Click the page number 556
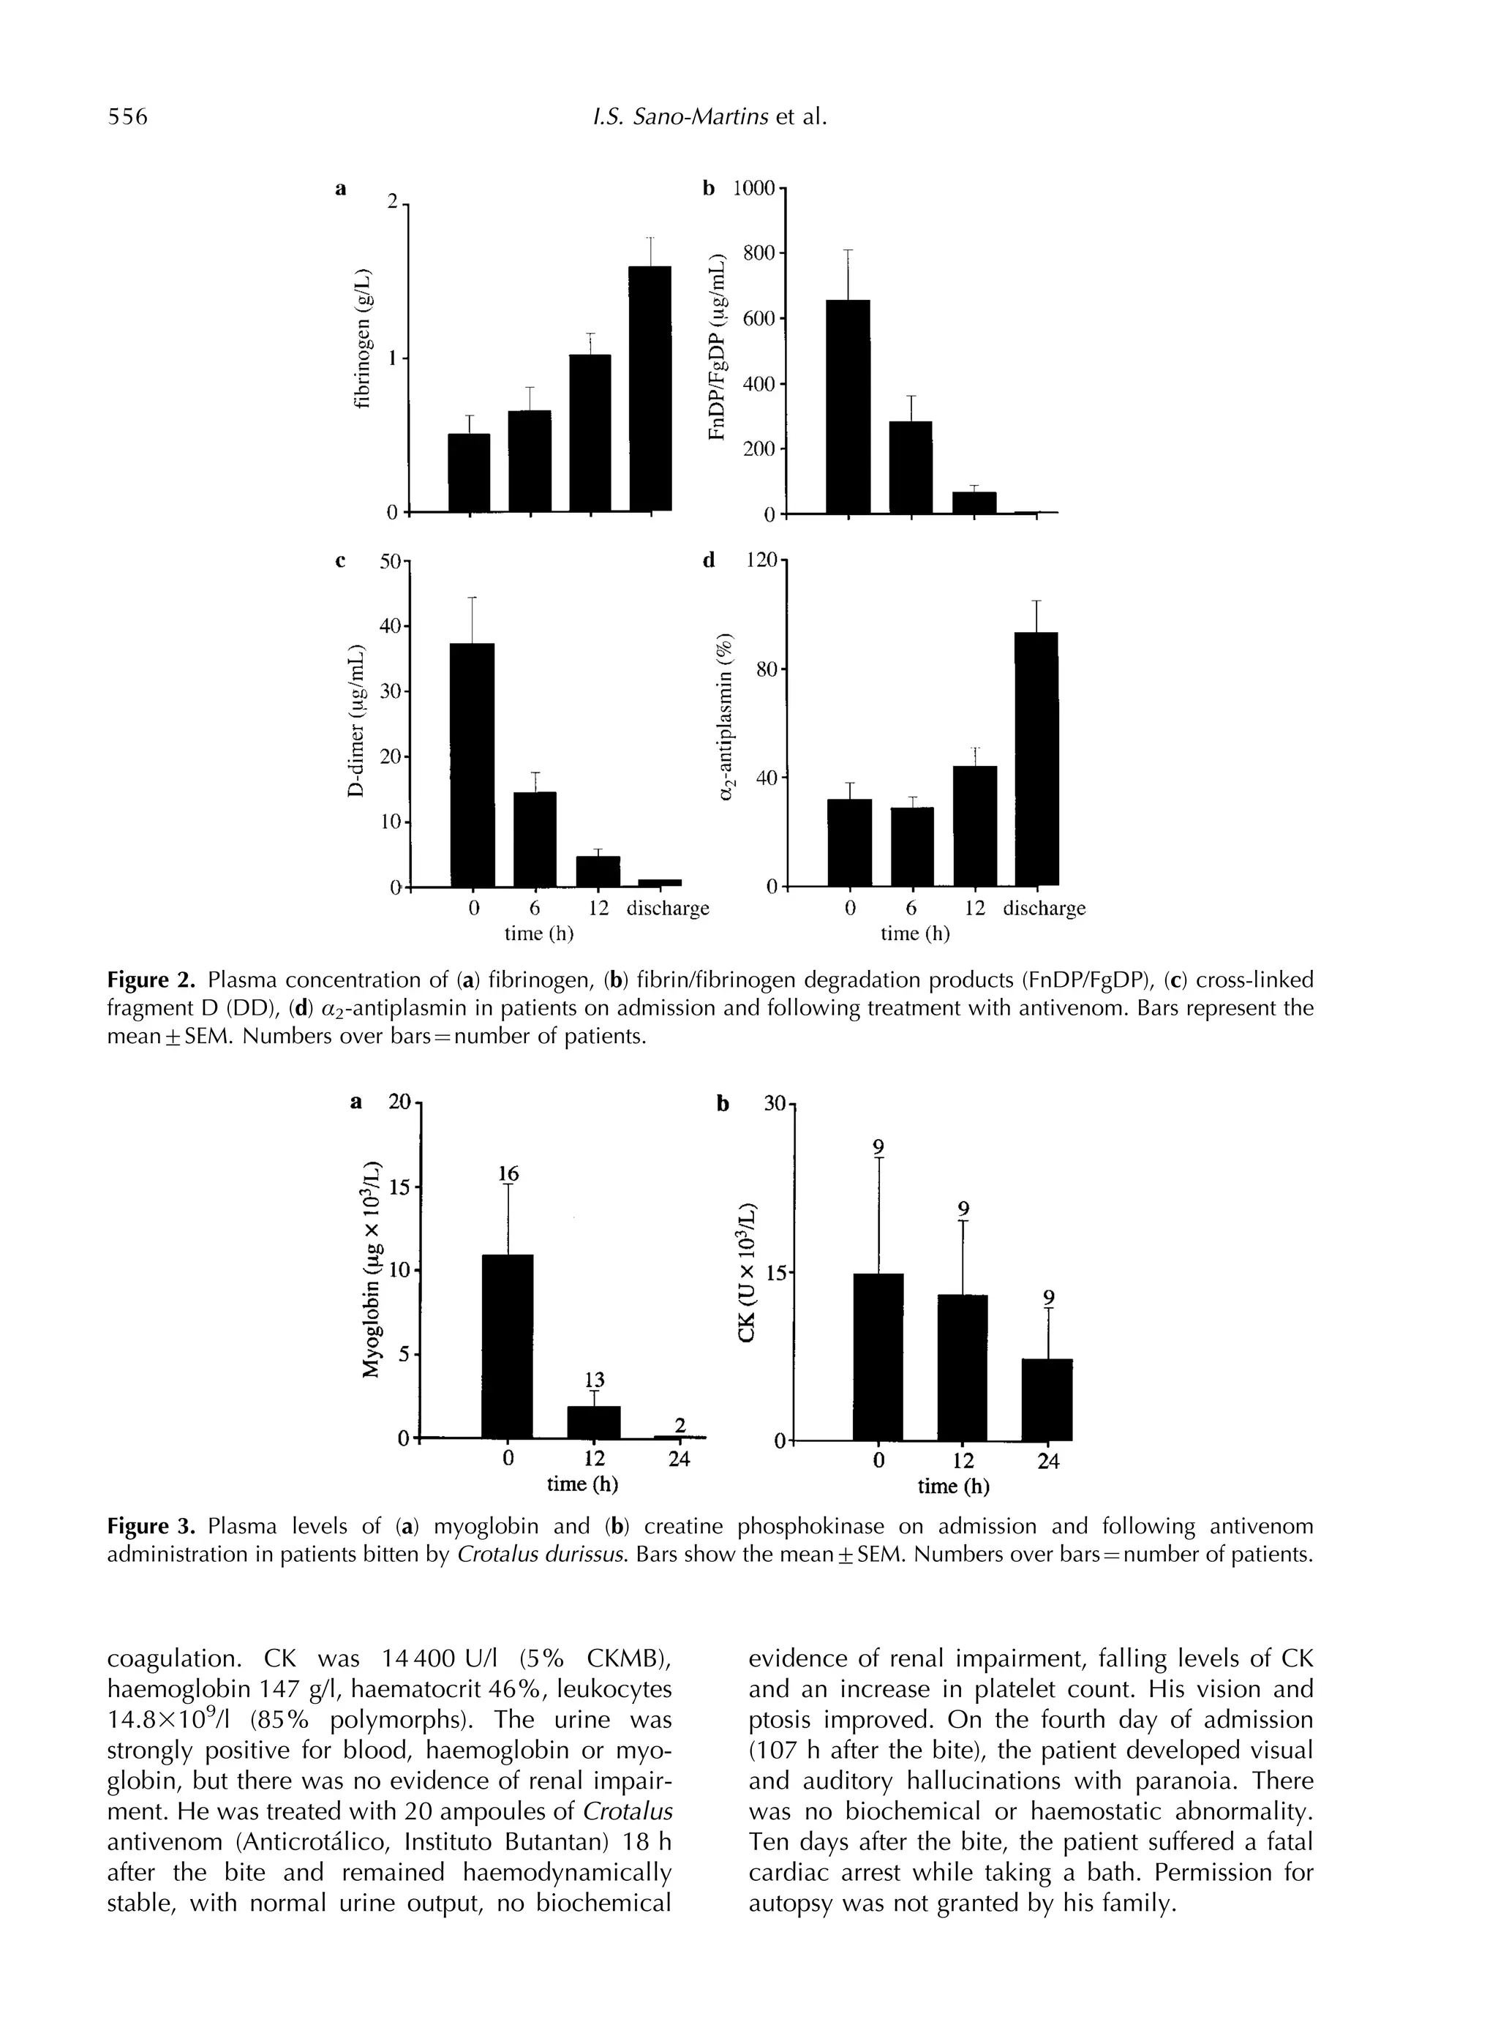click(x=127, y=117)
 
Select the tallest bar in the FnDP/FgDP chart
click(x=848, y=407)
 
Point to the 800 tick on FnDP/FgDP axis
click(x=760, y=253)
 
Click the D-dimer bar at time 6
click(x=534, y=840)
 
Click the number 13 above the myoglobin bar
click(x=593, y=1379)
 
